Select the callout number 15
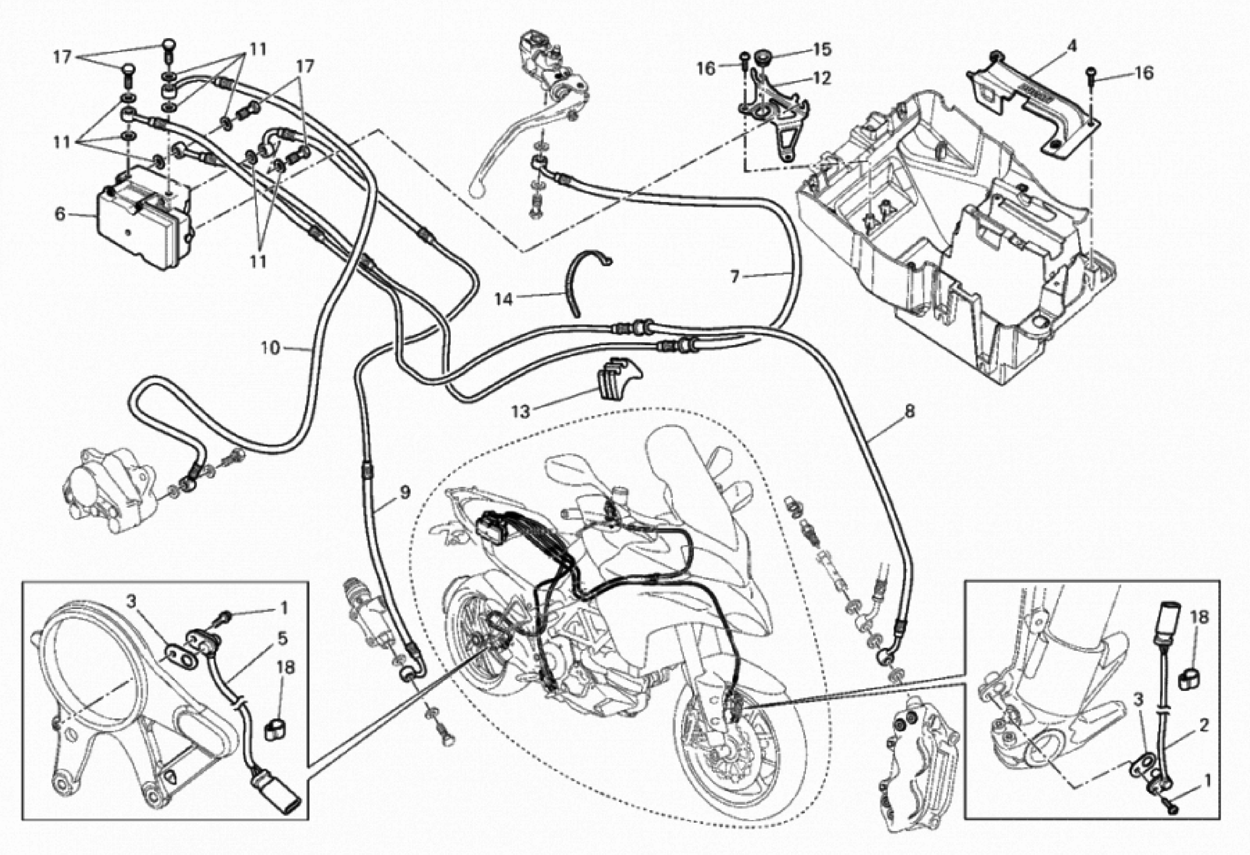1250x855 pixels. click(822, 50)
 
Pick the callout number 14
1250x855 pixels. click(504, 299)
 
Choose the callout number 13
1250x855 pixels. click(520, 412)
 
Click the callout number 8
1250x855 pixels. click(909, 412)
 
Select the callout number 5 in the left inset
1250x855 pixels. click(282, 639)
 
